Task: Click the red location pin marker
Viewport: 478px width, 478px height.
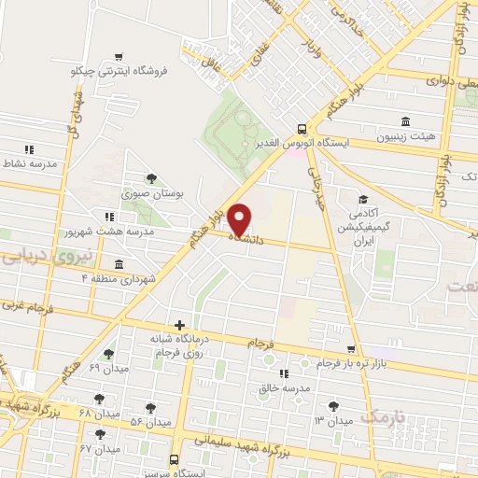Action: (x=240, y=219)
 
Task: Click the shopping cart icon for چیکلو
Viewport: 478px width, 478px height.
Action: (x=117, y=57)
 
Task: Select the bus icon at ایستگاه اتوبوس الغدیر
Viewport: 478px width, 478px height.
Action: (x=302, y=129)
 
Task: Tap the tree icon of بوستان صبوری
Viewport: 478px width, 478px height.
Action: (x=152, y=177)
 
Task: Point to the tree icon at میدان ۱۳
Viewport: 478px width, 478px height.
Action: (x=334, y=405)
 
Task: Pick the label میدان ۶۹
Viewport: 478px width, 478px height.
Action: (x=108, y=368)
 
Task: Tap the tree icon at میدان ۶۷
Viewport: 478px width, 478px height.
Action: (x=99, y=434)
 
